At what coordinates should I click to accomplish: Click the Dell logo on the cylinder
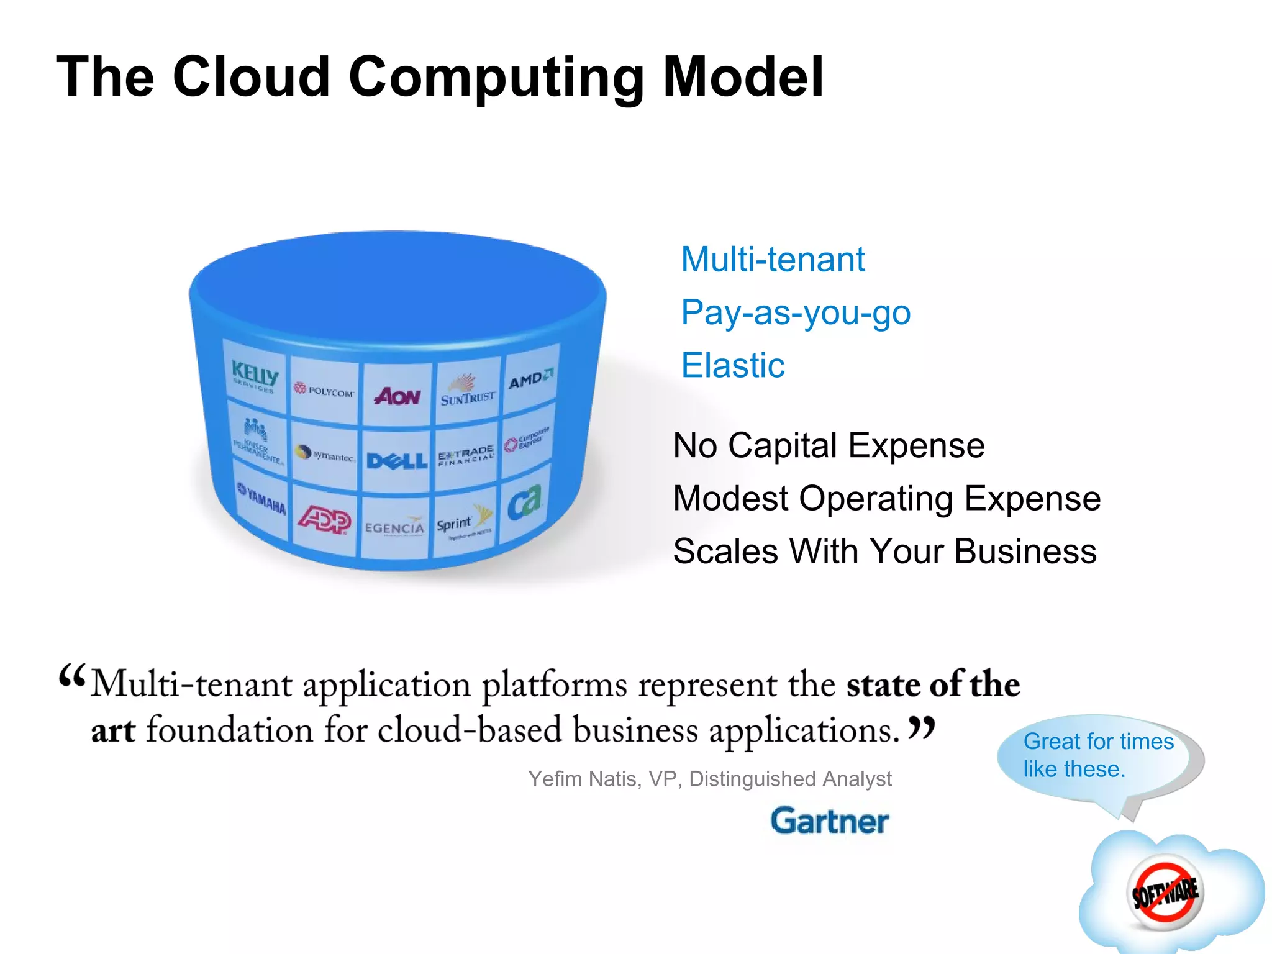coord(397,460)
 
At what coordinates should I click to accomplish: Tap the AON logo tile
coord(397,396)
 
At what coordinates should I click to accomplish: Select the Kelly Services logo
coord(255,376)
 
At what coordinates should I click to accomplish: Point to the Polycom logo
coord(324,391)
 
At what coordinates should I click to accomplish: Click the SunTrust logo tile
coord(468,392)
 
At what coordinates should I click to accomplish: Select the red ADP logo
coord(324,519)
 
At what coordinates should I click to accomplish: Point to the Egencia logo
coord(394,527)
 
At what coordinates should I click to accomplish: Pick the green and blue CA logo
coord(525,502)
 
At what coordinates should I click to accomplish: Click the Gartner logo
coord(829,821)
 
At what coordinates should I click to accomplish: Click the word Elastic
coord(733,365)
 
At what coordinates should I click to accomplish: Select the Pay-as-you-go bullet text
coord(796,312)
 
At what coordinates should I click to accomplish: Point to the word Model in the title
coord(743,77)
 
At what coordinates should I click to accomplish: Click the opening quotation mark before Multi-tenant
coord(71,675)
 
